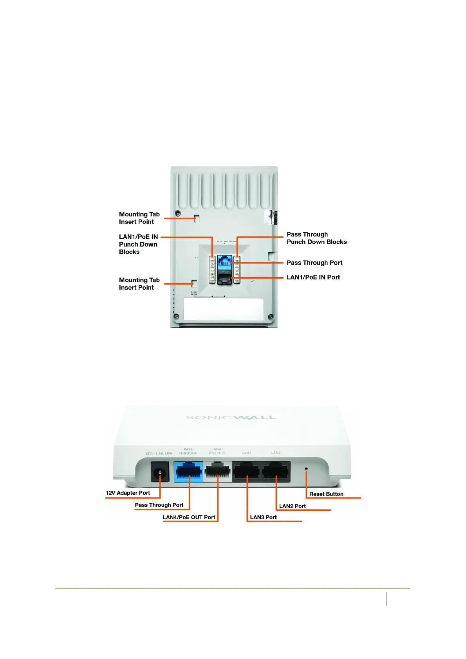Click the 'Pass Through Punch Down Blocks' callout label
click(316, 238)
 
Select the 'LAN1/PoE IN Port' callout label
click(313, 277)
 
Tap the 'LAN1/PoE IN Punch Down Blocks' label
click(138, 244)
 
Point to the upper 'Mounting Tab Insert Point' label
click(139, 218)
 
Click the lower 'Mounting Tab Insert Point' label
click(139, 284)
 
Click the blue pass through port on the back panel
click(225, 261)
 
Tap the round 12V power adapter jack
click(160, 472)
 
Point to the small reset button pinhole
click(306, 468)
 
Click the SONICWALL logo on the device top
click(231, 418)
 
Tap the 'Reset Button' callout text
click(326, 494)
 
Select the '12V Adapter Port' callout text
click(128, 493)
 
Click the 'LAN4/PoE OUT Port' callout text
click(189, 517)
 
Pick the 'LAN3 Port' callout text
click(263, 517)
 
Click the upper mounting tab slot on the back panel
click(197, 218)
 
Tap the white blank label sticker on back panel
click(224, 309)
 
